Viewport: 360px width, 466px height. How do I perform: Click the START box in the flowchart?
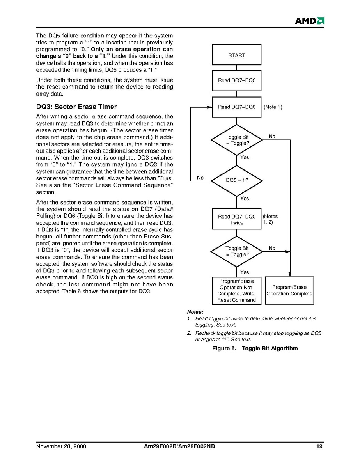[236, 55]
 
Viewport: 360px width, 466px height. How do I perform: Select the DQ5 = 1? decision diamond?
[236, 181]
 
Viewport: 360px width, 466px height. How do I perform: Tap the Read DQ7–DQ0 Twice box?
[236, 219]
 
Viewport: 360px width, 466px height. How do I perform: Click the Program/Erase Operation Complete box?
[289, 290]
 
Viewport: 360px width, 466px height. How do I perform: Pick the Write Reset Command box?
[236, 290]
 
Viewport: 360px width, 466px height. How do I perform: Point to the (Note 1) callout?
[273, 107]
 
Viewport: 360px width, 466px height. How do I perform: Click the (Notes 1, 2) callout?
[270, 219]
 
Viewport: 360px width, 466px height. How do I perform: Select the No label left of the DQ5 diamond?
[200, 178]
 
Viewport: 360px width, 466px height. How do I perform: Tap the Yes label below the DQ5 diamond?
[245, 199]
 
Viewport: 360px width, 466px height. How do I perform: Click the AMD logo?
[309, 21]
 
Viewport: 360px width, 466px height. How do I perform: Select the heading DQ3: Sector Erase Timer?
[76, 107]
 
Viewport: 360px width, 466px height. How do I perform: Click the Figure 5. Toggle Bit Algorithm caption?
[255, 348]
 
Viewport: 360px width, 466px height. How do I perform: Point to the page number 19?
[319, 446]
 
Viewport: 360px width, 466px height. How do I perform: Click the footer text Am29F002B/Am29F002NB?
[177, 446]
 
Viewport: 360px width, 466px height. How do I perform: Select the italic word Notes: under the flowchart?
[195, 312]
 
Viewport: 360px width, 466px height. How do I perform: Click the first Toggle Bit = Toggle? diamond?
[236, 140]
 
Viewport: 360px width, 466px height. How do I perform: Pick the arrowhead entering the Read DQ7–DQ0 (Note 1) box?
[210, 107]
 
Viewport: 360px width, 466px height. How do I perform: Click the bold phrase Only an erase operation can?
[132, 49]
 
